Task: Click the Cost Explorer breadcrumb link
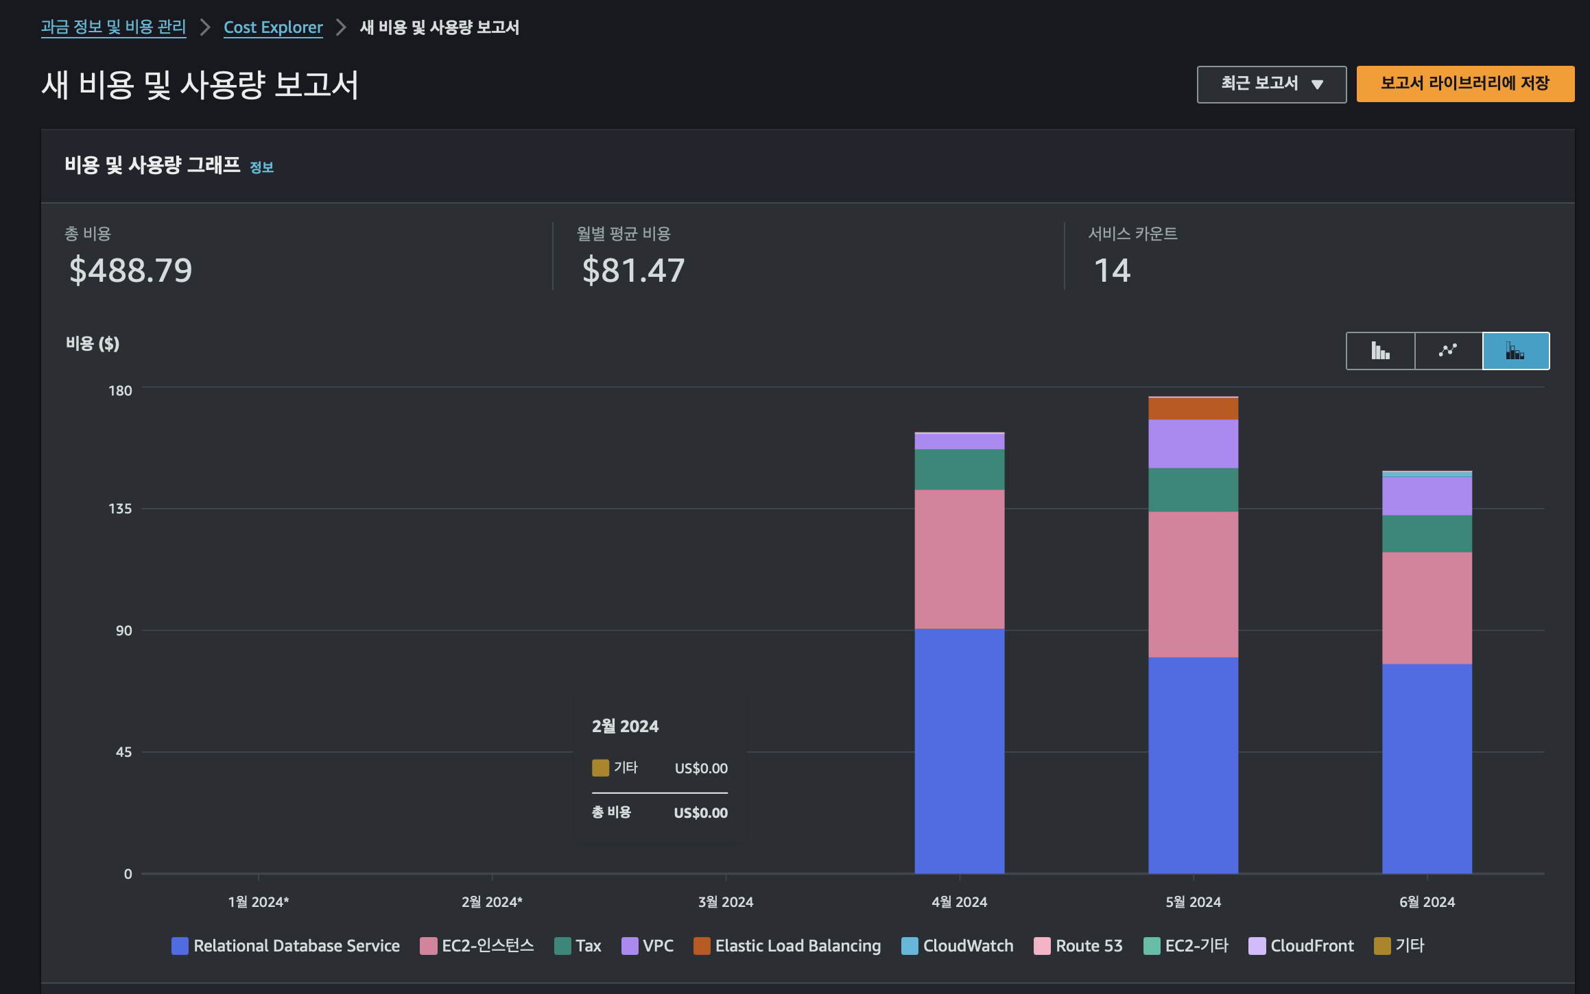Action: coord(273,27)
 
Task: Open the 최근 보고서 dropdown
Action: coord(1271,84)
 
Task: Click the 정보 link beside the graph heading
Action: coord(261,167)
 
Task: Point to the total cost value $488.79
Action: coord(130,270)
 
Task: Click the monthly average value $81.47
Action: coord(633,270)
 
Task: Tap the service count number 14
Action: coord(1112,270)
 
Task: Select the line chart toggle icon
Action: coord(1448,351)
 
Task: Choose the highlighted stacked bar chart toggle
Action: coord(1516,351)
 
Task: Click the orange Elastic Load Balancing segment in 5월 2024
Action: coord(1193,409)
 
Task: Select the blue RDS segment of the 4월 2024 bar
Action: coord(959,751)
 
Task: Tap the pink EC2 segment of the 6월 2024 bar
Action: coord(1427,608)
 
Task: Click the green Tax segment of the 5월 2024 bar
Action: coord(1193,490)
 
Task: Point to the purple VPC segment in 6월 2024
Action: coord(1427,496)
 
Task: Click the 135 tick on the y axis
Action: coord(120,509)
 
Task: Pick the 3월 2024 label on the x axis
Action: coord(726,902)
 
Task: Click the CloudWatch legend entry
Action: coord(958,946)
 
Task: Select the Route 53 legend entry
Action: coord(1078,946)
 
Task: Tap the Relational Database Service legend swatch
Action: coord(180,946)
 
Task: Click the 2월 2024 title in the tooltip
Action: coord(625,727)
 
